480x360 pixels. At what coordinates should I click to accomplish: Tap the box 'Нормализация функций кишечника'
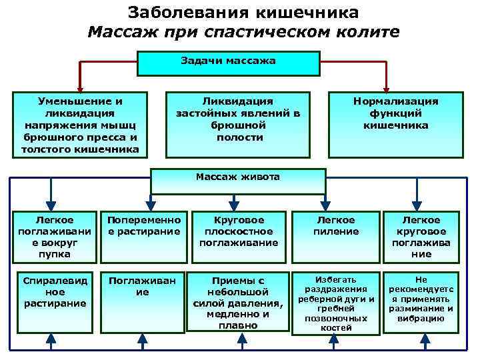pyautogui.click(x=395, y=124)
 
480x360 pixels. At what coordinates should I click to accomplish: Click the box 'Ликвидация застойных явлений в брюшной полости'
pyautogui.click(x=238, y=124)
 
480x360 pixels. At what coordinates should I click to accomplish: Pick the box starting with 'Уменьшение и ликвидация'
pyautogui.click(x=79, y=124)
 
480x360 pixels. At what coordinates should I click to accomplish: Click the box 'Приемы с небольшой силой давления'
pyautogui.click(x=238, y=302)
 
